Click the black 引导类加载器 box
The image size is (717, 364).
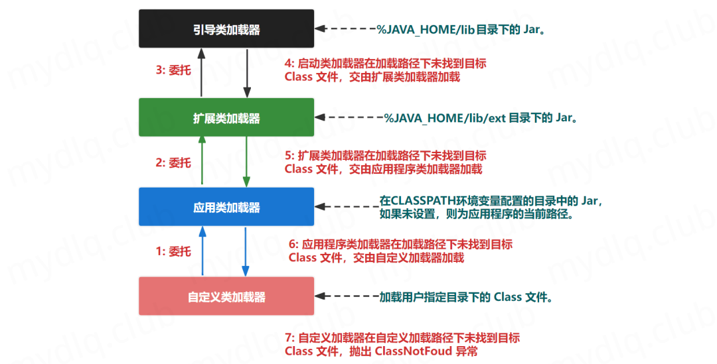[226, 29]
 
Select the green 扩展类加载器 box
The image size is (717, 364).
[226, 117]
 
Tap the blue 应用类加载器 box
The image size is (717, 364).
[226, 207]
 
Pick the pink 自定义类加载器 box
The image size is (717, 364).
[226, 296]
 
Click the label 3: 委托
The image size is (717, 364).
[173, 70]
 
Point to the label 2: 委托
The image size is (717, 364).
[173, 162]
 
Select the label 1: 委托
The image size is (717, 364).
[173, 251]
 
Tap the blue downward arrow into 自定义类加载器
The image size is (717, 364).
[246, 251]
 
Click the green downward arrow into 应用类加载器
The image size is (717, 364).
[246, 161]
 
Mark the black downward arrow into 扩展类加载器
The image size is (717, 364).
[246, 72]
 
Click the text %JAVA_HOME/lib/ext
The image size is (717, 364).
[445, 118]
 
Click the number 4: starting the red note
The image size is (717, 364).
[289, 64]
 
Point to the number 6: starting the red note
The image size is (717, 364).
[293, 245]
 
